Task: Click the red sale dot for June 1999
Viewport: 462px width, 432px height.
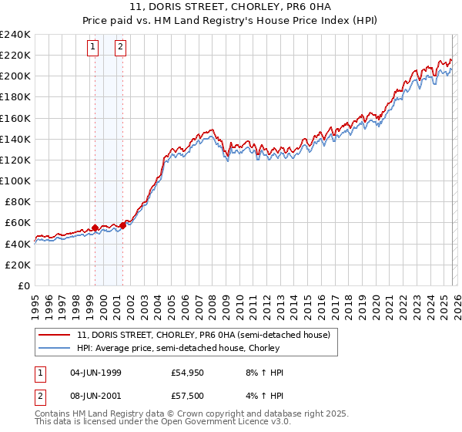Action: (95, 228)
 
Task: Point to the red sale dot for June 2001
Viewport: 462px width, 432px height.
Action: (122, 224)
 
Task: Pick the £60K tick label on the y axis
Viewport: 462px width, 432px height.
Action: (18, 222)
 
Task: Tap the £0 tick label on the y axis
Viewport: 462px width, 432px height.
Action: (24, 285)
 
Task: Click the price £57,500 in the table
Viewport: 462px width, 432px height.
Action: (189, 397)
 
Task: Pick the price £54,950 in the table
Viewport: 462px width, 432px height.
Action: (189, 373)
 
